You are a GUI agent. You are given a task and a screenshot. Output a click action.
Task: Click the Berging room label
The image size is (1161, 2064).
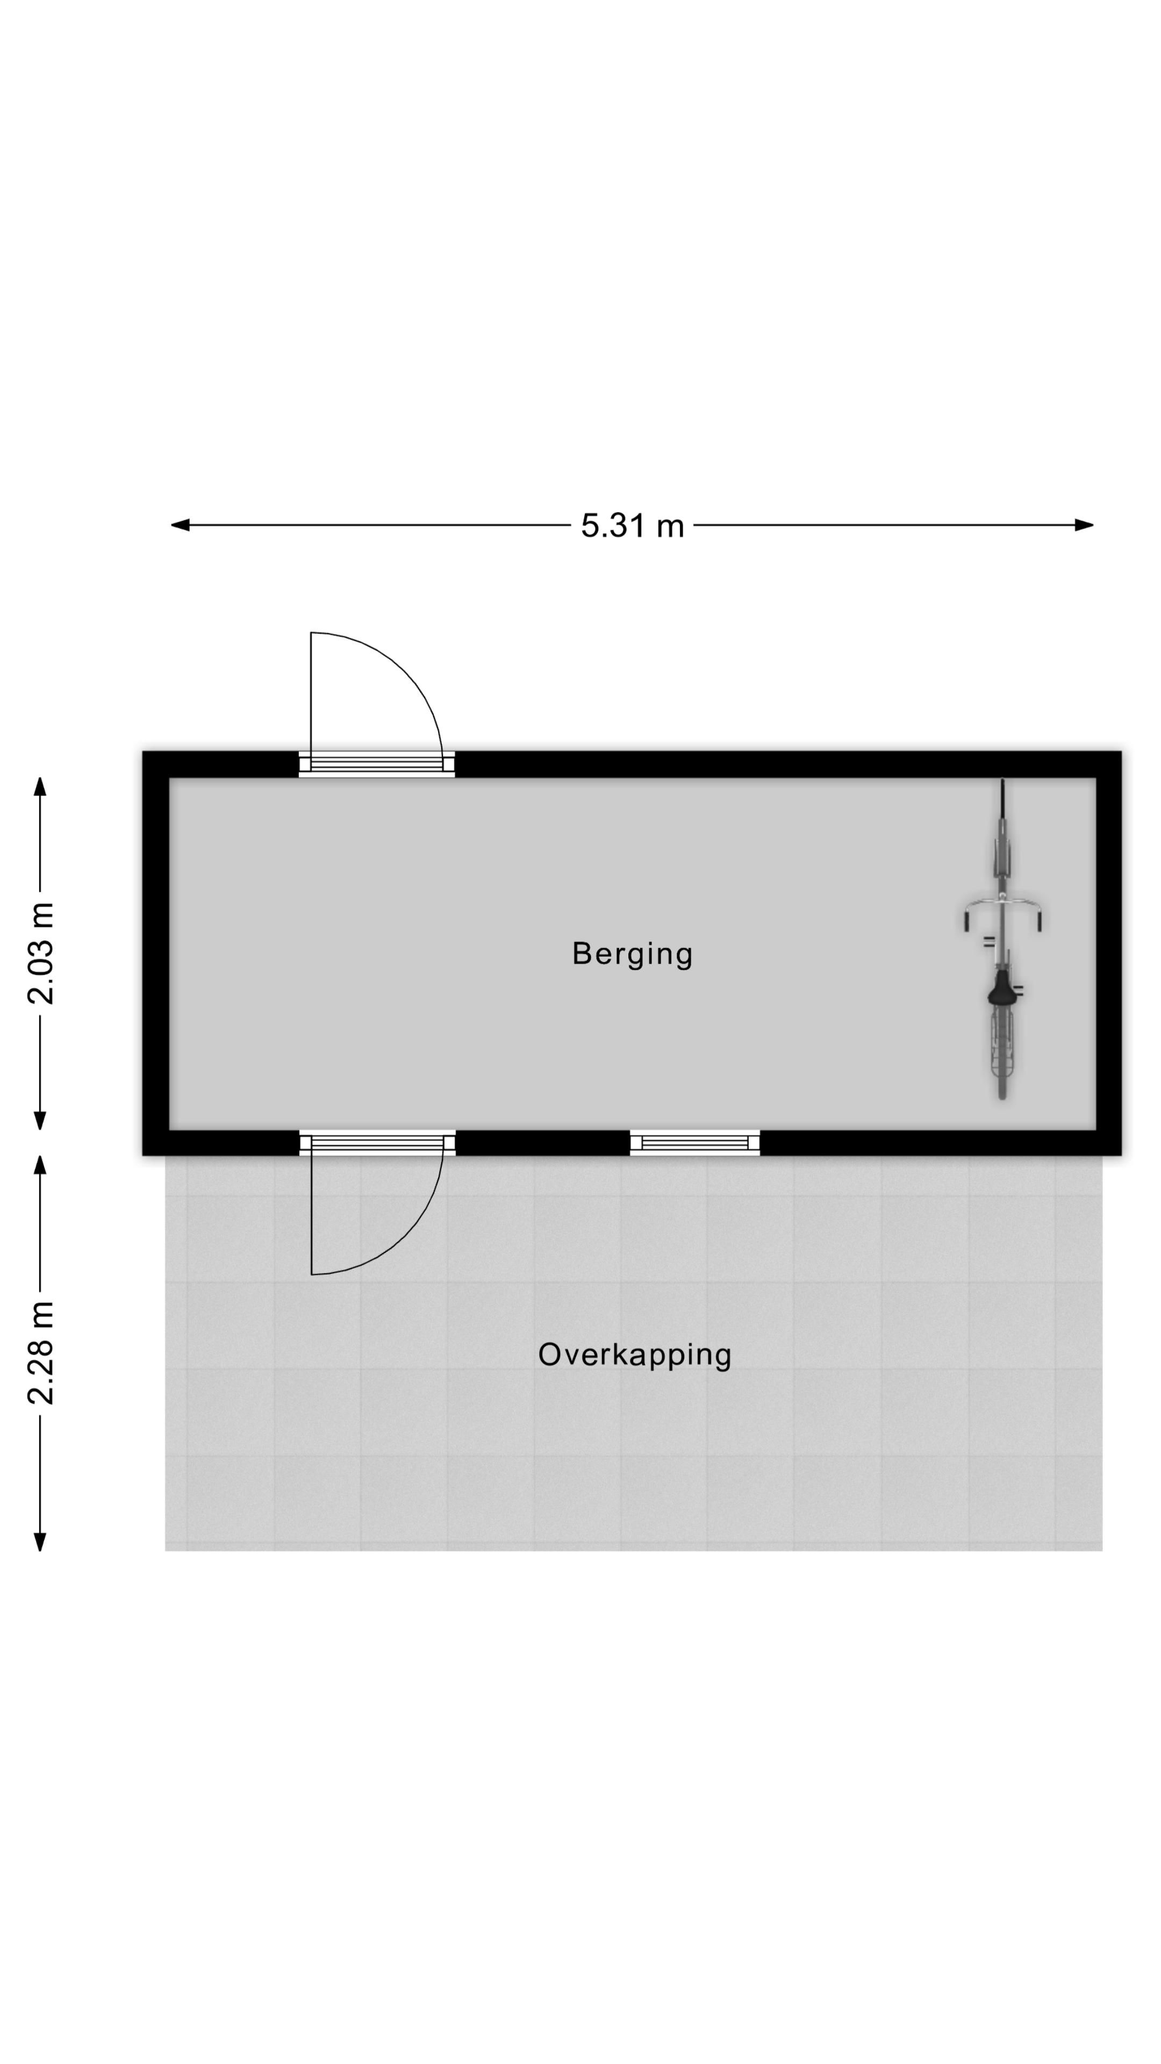tap(632, 954)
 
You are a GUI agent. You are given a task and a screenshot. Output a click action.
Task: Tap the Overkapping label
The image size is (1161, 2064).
tap(635, 1355)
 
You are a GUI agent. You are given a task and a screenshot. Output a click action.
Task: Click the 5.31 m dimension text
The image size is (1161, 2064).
tap(632, 526)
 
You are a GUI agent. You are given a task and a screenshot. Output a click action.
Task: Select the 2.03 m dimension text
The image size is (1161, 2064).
tap(40, 954)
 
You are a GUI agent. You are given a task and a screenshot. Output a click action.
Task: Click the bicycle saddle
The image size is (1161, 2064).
tap(1001, 991)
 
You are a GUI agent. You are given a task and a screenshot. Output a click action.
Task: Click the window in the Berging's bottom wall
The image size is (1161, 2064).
tap(694, 1143)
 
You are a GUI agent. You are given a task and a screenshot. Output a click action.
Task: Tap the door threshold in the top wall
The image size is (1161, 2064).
tap(377, 764)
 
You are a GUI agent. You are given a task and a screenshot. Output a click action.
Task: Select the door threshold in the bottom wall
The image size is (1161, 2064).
tap(377, 1143)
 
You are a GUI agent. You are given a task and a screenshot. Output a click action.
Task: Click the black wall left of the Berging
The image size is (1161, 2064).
tap(155, 954)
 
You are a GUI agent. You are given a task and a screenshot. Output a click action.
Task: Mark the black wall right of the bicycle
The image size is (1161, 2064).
tap(1108, 954)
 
